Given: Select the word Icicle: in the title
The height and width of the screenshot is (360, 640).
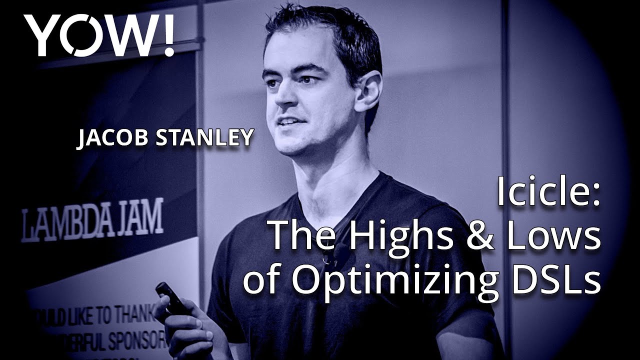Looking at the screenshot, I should tap(547, 193).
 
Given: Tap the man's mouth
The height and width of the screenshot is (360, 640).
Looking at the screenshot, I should tap(288, 121).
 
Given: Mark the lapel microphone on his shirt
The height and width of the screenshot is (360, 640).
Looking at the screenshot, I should tap(329, 258).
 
